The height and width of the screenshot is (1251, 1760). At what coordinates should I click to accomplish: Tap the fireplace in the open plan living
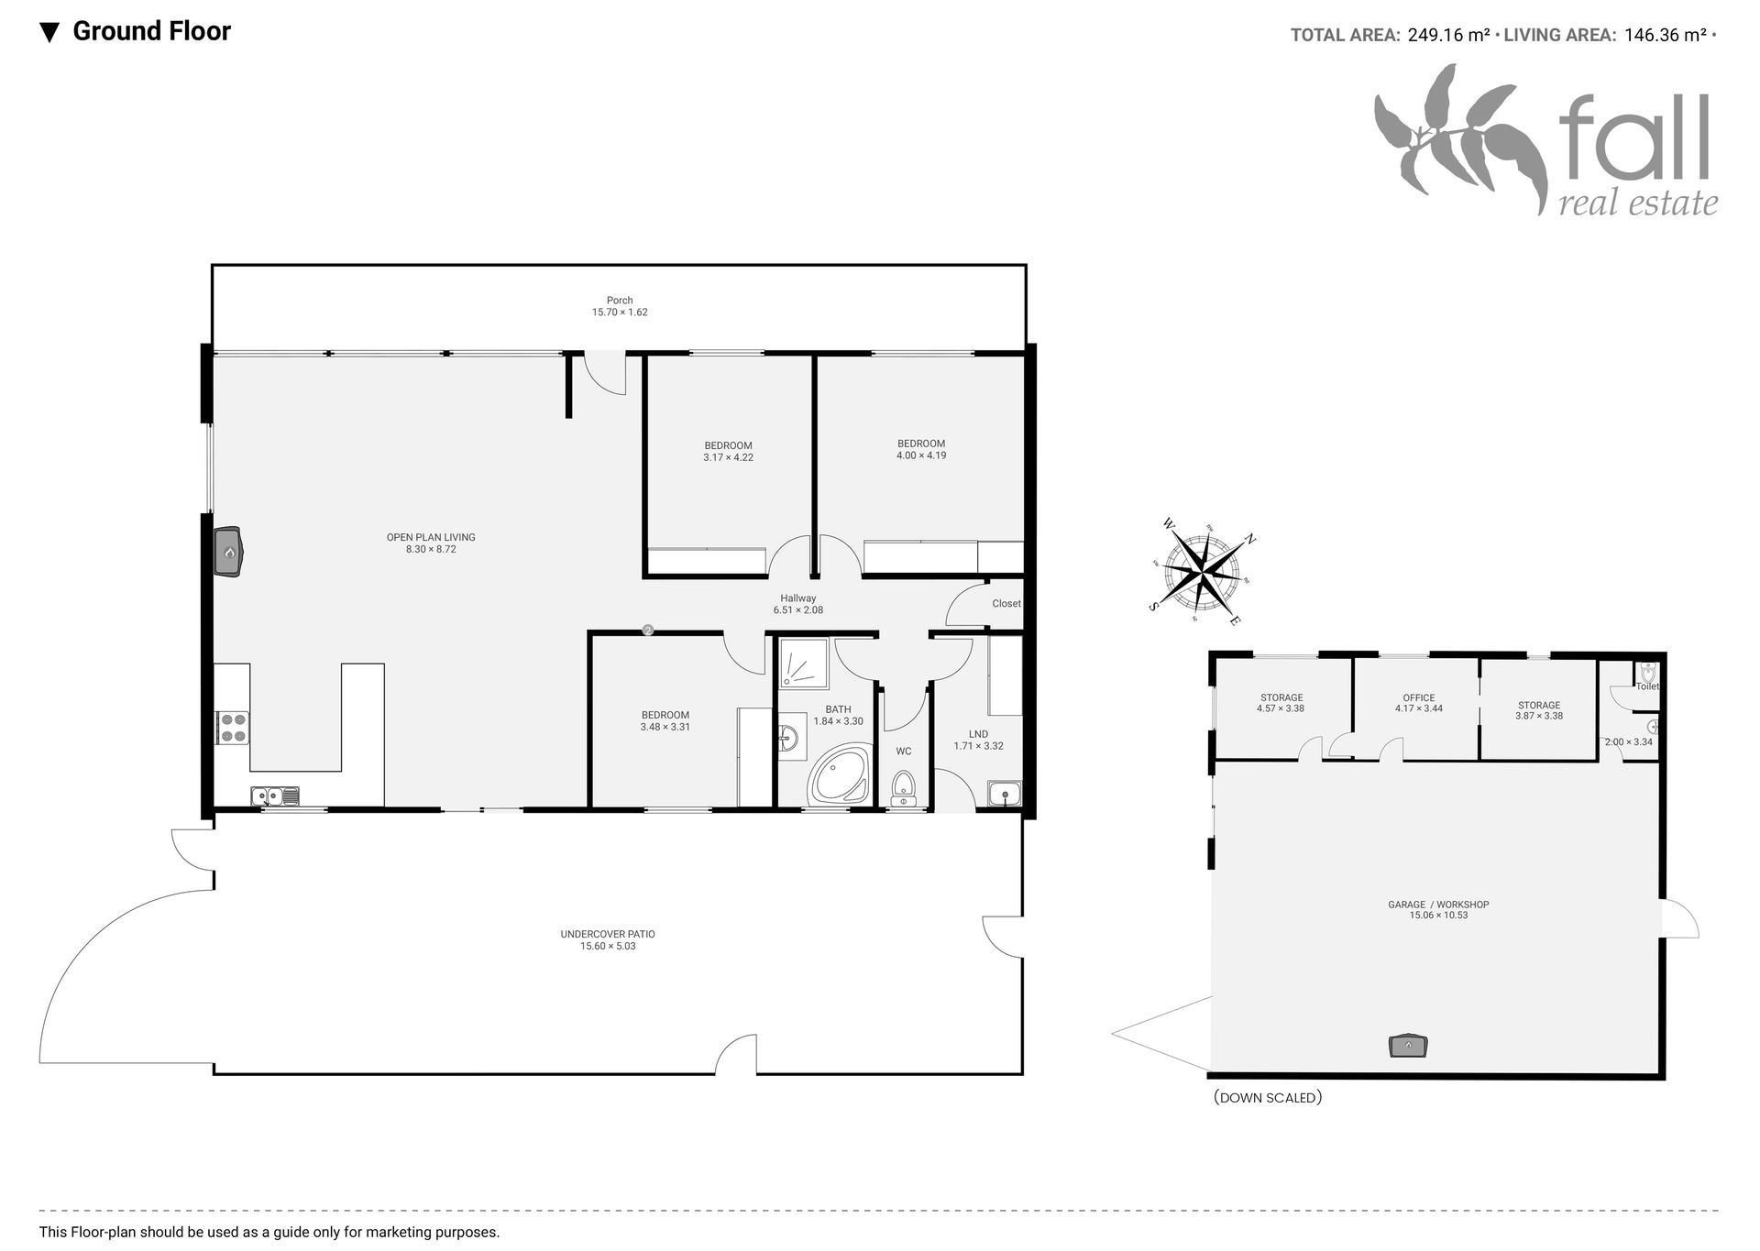(x=228, y=552)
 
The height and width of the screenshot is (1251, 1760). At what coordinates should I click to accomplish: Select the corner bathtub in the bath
(x=838, y=774)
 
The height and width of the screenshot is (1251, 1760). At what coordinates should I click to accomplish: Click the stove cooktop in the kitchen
(x=233, y=727)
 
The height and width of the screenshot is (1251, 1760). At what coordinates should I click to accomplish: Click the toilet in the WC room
(x=903, y=787)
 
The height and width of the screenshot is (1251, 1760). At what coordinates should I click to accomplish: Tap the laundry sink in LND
(x=1004, y=793)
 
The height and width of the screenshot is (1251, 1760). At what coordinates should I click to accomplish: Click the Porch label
(x=620, y=300)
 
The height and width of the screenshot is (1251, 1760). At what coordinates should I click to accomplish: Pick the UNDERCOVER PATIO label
(x=608, y=934)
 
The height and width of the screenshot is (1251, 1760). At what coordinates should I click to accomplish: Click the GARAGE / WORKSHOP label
(x=1438, y=904)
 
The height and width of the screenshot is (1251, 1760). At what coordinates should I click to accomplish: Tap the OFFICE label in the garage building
(x=1419, y=697)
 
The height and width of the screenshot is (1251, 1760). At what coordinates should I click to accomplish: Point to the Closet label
(x=1006, y=603)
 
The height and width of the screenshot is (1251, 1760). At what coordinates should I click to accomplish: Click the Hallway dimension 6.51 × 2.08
(x=798, y=610)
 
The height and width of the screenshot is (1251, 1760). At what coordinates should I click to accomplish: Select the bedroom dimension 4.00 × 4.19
(x=921, y=455)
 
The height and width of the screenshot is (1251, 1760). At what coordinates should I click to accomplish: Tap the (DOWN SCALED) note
(x=1268, y=1097)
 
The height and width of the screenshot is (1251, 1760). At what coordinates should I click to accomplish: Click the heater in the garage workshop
(x=1408, y=1045)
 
